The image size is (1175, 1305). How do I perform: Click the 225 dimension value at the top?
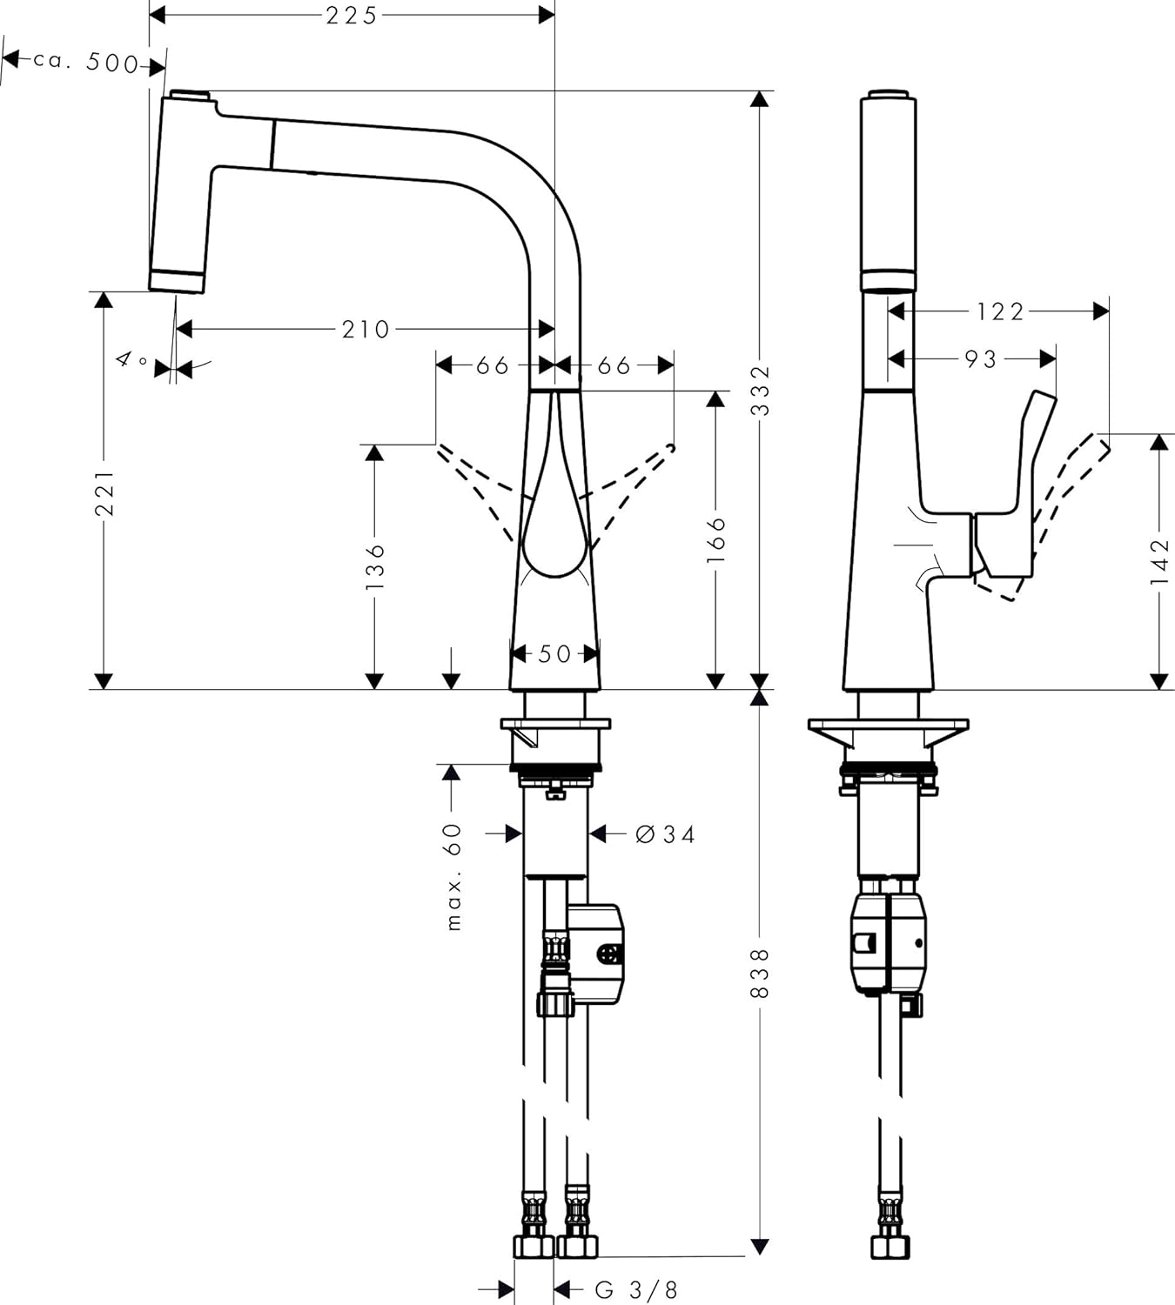pyautogui.click(x=352, y=16)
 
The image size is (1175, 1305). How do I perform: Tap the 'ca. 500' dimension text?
pyautogui.click(x=86, y=62)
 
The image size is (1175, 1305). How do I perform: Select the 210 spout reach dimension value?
pyautogui.click(x=366, y=329)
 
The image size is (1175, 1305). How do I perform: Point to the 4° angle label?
pyautogui.click(x=131, y=359)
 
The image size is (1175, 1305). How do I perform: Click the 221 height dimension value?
pyautogui.click(x=104, y=493)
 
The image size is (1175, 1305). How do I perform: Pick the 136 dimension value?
pyautogui.click(x=375, y=566)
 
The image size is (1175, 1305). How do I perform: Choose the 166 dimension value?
pyautogui.click(x=715, y=539)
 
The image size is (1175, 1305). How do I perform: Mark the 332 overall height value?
pyautogui.click(x=760, y=391)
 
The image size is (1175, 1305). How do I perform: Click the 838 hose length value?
pyautogui.click(x=760, y=973)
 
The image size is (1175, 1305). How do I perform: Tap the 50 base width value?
pyautogui.click(x=554, y=653)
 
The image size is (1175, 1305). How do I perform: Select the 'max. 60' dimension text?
pyautogui.click(x=453, y=876)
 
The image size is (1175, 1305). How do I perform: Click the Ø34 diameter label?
pyautogui.click(x=666, y=834)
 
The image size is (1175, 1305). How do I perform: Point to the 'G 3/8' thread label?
pyautogui.click(x=636, y=1289)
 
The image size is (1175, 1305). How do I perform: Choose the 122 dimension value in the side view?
pyautogui.click(x=1000, y=311)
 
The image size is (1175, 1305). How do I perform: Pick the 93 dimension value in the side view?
pyautogui.click(x=981, y=358)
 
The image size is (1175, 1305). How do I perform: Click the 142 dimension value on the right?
pyautogui.click(x=1159, y=561)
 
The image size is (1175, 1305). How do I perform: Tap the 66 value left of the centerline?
pyautogui.click(x=492, y=365)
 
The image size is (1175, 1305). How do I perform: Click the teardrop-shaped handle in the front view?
pyautogui.click(x=553, y=513)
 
